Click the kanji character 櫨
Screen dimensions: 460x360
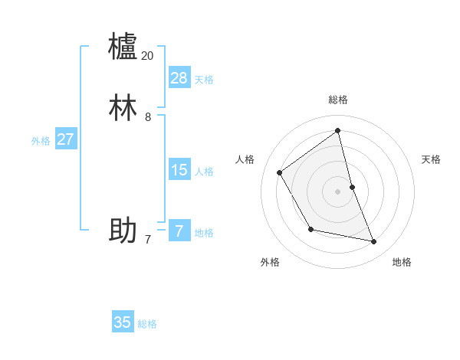[x=123, y=46]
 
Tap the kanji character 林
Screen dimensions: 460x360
[x=123, y=108]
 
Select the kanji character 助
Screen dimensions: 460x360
[x=123, y=230]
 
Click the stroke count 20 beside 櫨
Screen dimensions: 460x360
[x=148, y=56]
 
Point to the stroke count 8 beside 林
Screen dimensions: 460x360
[x=148, y=117]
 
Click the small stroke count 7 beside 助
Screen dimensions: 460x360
[x=148, y=240]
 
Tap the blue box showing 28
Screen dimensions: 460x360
[x=179, y=78]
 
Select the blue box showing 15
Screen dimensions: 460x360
[x=179, y=170]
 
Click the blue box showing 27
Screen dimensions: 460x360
[x=66, y=139]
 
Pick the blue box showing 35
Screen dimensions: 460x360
[x=123, y=322]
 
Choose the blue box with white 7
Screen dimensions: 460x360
[x=179, y=231]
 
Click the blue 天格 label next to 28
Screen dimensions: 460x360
[x=204, y=80]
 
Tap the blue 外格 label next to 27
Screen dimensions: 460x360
[x=41, y=141]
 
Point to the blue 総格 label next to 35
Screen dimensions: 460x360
[x=147, y=324]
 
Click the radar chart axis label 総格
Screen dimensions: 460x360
[x=338, y=100]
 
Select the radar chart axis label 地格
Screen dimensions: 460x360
[x=402, y=263]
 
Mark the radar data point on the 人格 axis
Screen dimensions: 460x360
[x=280, y=172]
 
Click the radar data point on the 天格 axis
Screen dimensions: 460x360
[x=352, y=187]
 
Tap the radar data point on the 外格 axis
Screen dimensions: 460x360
[x=310, y=229]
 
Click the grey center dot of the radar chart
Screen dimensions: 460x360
[x=338, y=191]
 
